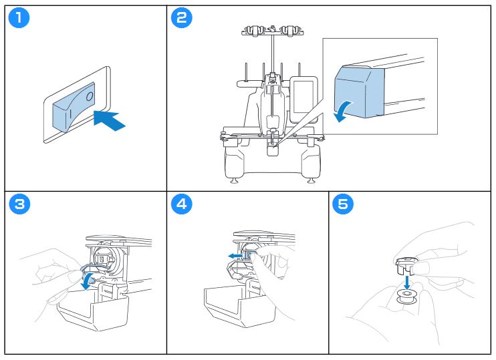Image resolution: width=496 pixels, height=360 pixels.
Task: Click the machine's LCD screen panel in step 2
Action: click(x=303, y=95)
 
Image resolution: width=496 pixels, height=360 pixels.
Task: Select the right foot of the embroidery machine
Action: click(x=311, y=180)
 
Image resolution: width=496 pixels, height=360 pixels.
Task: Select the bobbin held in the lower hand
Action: click(x=406, y=296)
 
